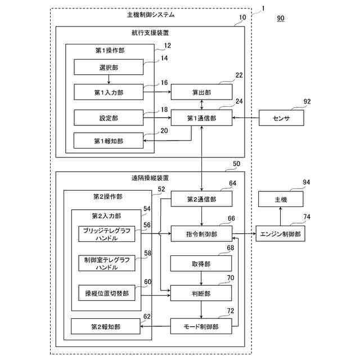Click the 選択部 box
(108, 68)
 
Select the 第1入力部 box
(108, 92)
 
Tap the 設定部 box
(108, 118)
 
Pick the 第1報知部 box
(108, 140)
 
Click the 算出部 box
(201, 92)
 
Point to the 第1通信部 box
(201, 118)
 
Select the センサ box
(281, 118)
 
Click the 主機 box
(281, 200)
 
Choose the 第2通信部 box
(201, 200)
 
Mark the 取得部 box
(201, 263)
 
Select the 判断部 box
(201, 293)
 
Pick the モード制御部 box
(201, 326)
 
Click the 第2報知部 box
(106, 326)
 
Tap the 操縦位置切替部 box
(107, 293)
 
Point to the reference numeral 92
(307, 102)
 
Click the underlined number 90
(281, 19)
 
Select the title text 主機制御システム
(151, 15)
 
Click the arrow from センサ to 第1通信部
(245, 118)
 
